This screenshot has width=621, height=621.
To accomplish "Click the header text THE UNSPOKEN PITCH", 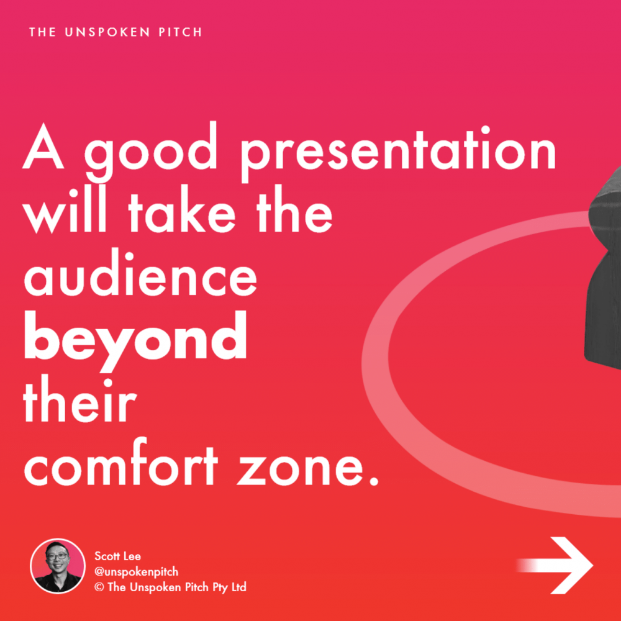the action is [116, 32].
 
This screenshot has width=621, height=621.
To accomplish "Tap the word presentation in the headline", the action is [399, 153].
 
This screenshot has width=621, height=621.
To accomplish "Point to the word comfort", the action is [121, 462].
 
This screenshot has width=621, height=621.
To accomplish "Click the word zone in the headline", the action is [301, 468].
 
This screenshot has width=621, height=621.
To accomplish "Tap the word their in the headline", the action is [79, 399].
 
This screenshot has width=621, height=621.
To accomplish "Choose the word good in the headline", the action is [151, 153].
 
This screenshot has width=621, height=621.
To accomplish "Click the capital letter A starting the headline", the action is [43, 146].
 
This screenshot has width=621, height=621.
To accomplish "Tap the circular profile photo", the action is [58, 566].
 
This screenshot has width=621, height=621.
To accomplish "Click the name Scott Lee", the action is [117, 556].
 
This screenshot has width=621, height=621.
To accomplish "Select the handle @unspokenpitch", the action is [136, 572].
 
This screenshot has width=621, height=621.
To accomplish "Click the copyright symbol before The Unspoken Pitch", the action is [99, 587].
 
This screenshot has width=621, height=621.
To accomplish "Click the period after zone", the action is [373, 481].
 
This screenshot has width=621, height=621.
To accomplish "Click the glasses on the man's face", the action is [57, 556].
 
